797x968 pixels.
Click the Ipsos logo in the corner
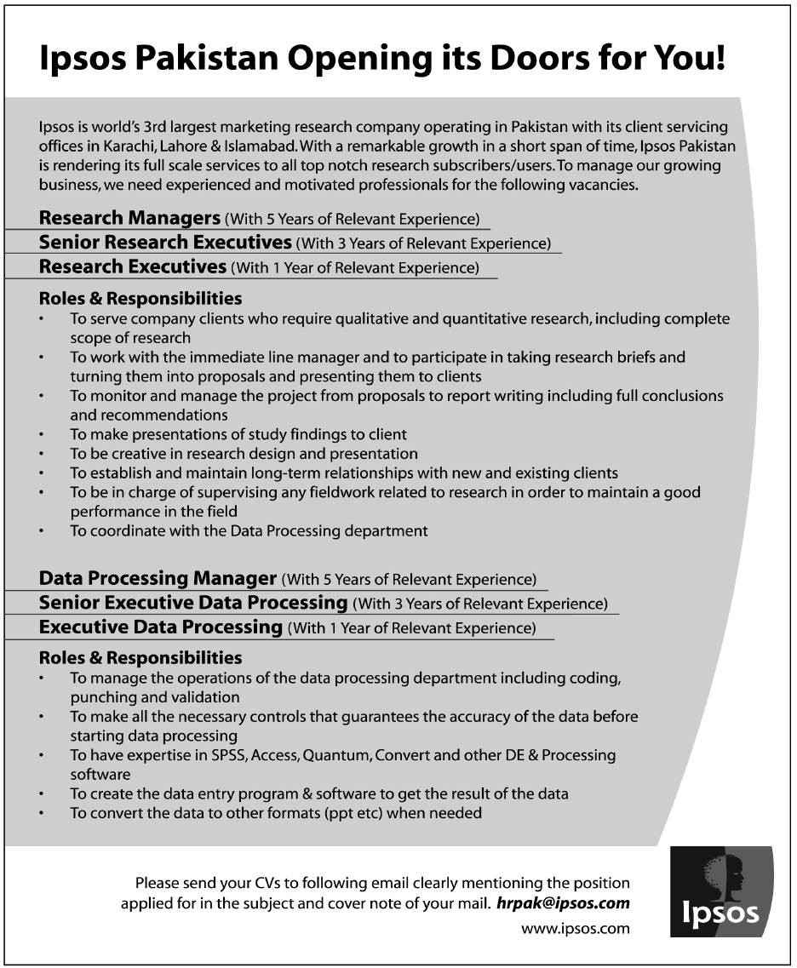[720, 891]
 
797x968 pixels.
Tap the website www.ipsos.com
[575, 929]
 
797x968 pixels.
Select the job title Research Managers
[129, 218]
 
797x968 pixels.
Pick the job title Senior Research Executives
[165, 243]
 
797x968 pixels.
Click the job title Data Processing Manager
[158, 579]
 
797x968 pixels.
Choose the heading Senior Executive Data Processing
[193, 604]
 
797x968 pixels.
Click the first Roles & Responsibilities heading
[140, 299]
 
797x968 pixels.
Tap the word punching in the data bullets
[100, 696]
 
